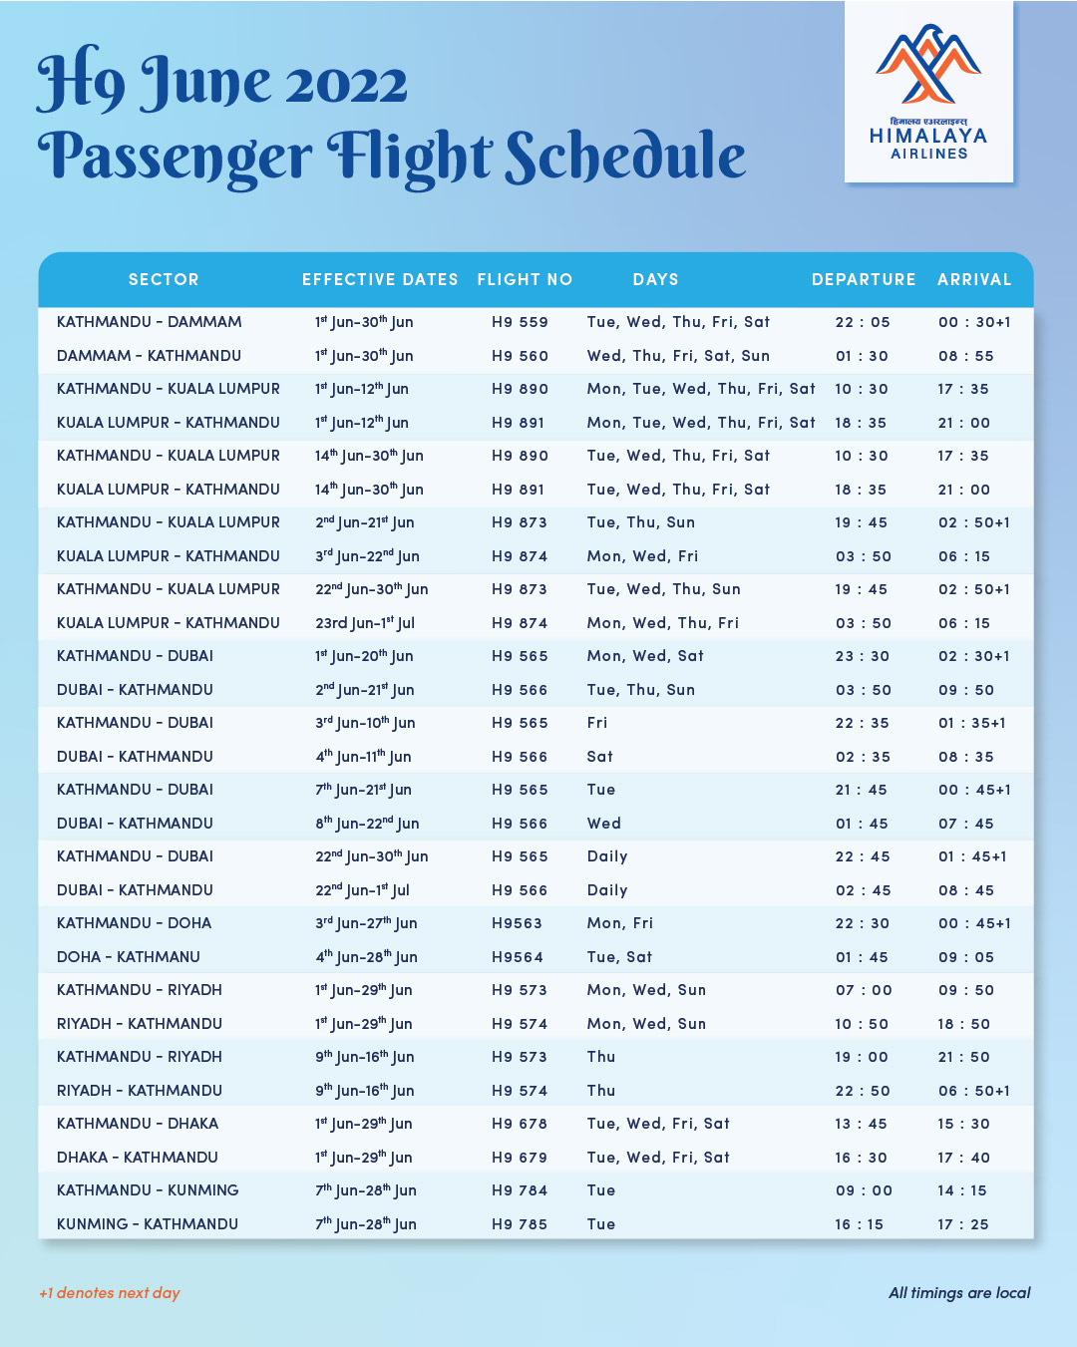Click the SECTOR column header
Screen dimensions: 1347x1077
click(x=164, y=280)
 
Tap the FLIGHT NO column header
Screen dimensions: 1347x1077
click(x=525, y=280)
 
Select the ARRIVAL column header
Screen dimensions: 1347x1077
click(x=974, y=280)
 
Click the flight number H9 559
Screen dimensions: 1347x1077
click(x=520, y=322)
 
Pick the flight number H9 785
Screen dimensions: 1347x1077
click(x=520, y=1224)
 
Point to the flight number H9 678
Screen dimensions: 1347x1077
click(x=520, y=1124)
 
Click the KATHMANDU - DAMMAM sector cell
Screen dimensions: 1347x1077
click(x=150, y=322)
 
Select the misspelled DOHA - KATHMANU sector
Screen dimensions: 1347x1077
click(x=129, y=957)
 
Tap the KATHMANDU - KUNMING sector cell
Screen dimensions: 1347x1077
click(x=148, y=1190)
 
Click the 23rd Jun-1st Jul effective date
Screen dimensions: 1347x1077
click(x=365, y=623)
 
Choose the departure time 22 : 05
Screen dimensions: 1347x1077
click(x=863, y=322)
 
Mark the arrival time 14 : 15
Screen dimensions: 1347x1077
click(x=962, y=1190)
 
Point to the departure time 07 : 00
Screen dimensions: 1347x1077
click(x=864, y=990)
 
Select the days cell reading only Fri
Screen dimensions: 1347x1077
click(x=597, y=723)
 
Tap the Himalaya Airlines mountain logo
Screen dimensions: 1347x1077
click(x=928, y=65)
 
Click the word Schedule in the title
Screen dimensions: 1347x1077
click(x=625, y=157)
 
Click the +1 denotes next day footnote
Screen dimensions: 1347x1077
click(x=110, y=1293)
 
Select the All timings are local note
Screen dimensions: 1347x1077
click(x=959, y=1293)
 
